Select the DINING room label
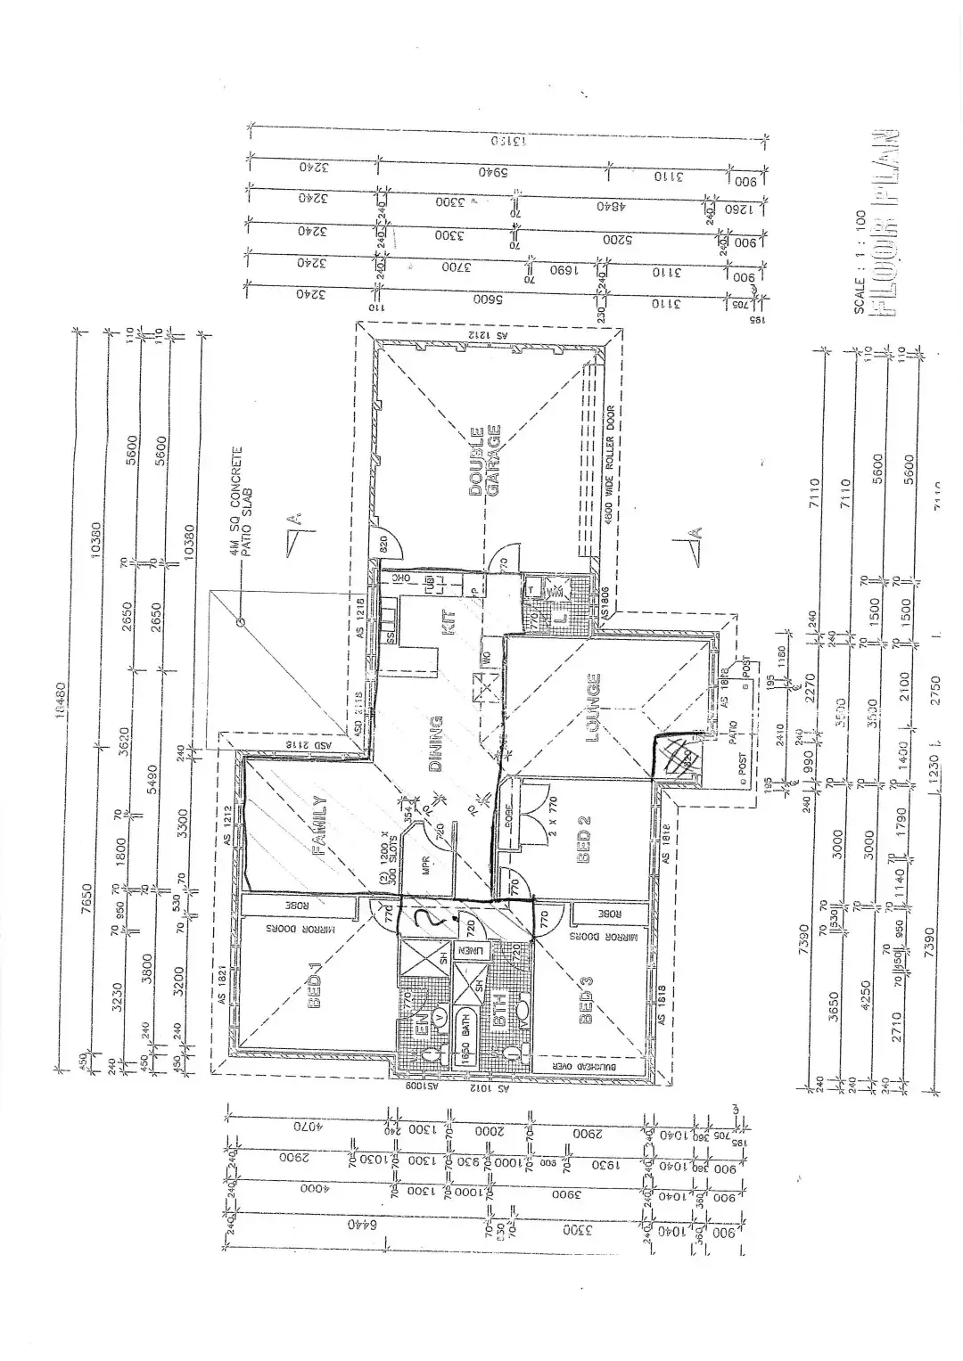(436, 742)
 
